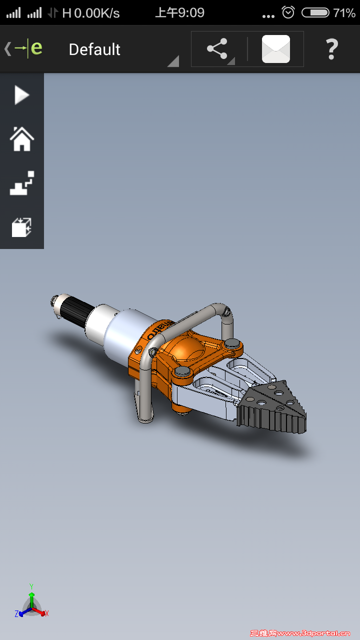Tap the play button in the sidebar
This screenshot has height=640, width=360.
coord(21,95)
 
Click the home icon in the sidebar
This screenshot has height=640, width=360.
coord(21,138)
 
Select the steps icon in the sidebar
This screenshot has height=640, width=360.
coord(22,183)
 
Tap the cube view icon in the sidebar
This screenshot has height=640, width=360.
coord(21,227)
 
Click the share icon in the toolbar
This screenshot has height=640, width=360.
coord(217,49)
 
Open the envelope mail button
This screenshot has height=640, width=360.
coord(275,49)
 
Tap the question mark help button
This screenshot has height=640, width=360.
coord(331,49)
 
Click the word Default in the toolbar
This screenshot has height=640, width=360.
coord(94,49)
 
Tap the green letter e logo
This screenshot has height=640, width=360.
coord(36,48)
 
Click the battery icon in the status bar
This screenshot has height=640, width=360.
coord(315,12)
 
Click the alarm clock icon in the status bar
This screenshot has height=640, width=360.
coord(288,12)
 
